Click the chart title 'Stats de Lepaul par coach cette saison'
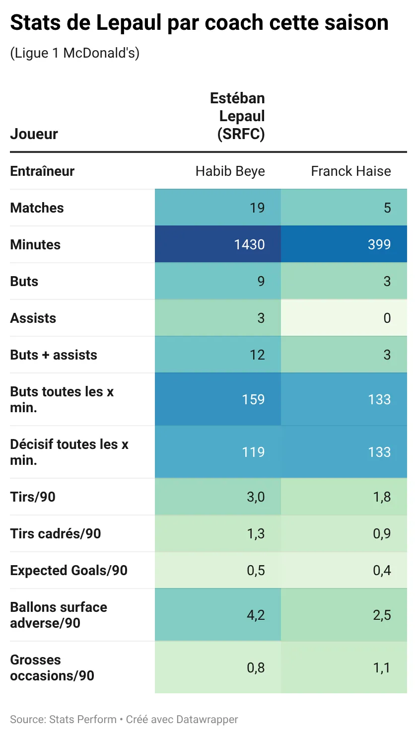pyautogui.click(x=199, y=23)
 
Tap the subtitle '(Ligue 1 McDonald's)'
pyautogui.click(x=74, y=53)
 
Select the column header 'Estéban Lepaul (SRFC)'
pyautogui.click(x=237, y=116)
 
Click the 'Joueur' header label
pyautogui.click(x=34, y=134)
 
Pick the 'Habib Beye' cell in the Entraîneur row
pyautogui.click(x=230, y=171)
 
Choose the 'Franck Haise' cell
pyautogui.click(x=350, y=171)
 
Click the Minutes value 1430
pyautogui.click(x=249, y=244)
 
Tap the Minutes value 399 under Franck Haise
pyautogui.click(x=379, y=244)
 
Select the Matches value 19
pyautogui.click(x=257, y=208)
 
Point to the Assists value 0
pyautogui.click(x=387, y=318)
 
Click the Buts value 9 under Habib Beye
pyautogui.click(x=261, y=281)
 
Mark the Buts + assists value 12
pyautogui.click(x=257, y=355)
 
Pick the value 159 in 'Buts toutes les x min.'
pyautogui.click(x=253, y=399)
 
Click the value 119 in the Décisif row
pyautogui.click(x=253, y=452)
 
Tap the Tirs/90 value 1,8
pyautogui.click(x=382, y=497)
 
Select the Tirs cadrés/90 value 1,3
pyautogui.click(x=256, y=533)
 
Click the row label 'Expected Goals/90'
pyautogui.click(x=69, y=570)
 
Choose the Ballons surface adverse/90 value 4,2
pyautogui.click(x=256, y=615)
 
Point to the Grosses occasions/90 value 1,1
pyautogui.click(x=382, y=667)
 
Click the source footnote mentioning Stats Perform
pyautogui.click(x=124, y=719)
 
